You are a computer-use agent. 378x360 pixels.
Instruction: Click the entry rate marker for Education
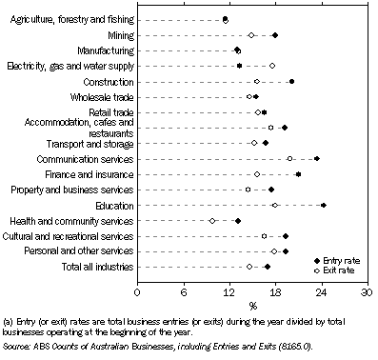[324, 205]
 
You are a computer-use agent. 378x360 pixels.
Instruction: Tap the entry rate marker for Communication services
[317, 158]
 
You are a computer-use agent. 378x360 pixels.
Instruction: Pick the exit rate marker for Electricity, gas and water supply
[272, 66]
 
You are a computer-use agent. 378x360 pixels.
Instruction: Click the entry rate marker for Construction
[291, 81]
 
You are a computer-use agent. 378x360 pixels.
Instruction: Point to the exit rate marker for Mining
[251, 35]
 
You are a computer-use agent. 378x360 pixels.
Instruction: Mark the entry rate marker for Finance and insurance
[299, 174]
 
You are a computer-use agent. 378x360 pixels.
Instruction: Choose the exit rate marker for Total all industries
[250, 267]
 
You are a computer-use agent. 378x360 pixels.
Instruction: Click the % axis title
[252, 306]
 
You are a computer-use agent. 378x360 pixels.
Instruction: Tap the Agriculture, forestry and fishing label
[69, 19]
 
